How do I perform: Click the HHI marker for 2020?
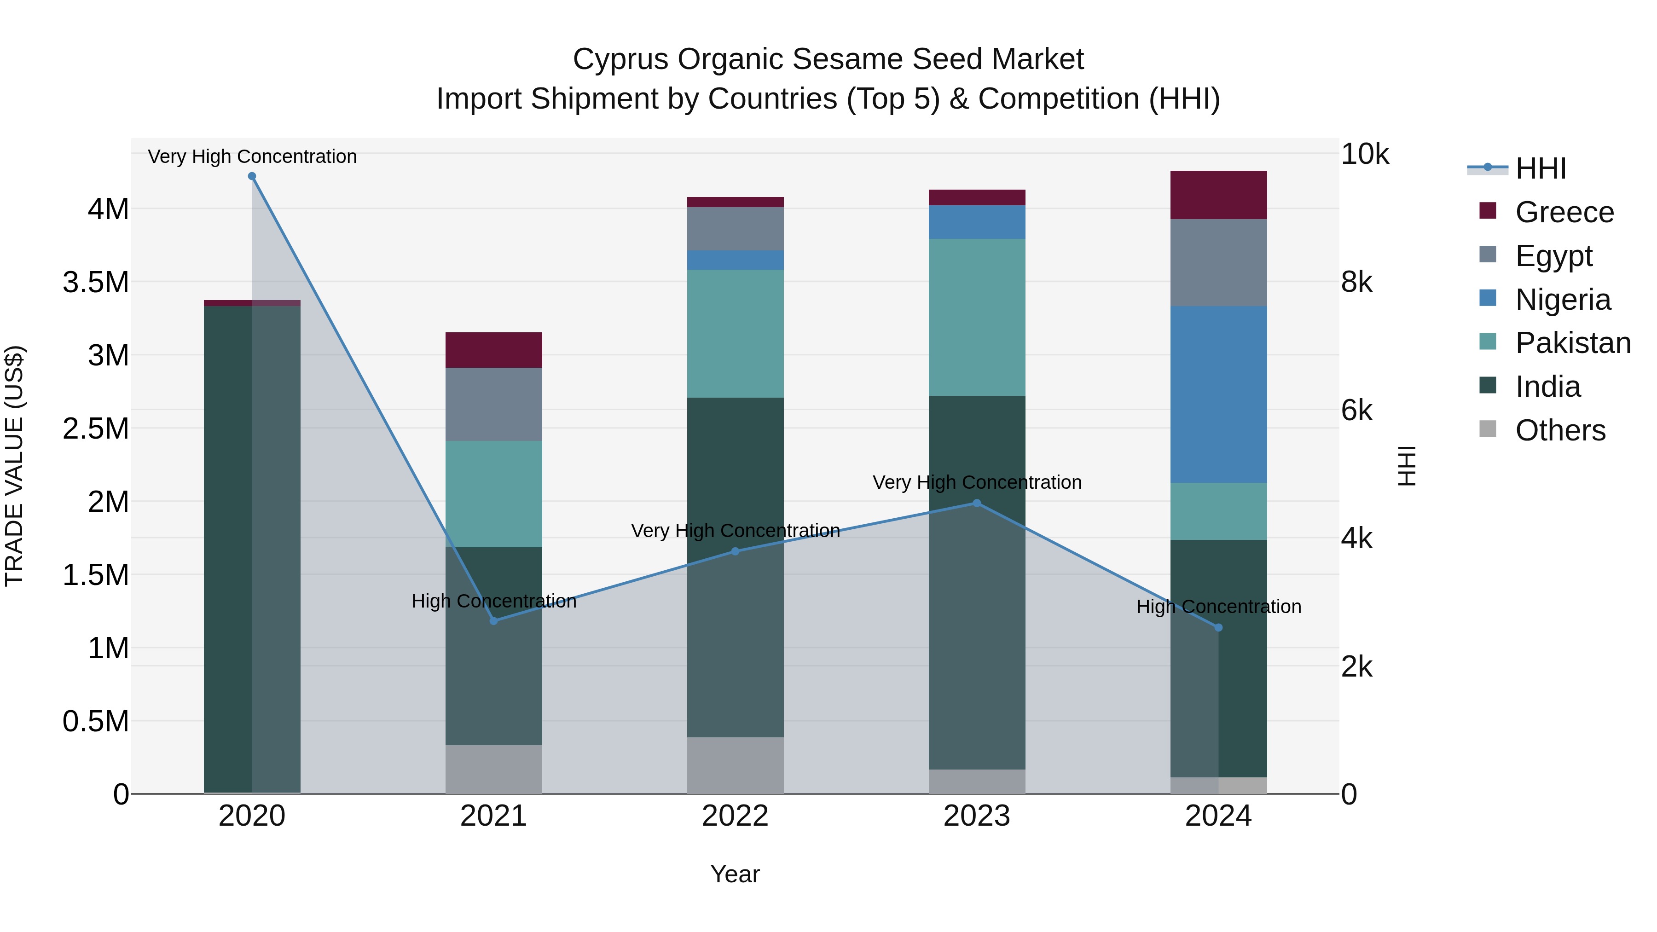[252, 176]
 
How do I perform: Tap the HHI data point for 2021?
[493, 621]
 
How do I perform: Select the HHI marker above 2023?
[976, 503]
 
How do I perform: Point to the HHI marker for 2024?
[1218, 627]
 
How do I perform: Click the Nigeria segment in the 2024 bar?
[1218, 394]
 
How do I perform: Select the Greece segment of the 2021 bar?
[493, 350]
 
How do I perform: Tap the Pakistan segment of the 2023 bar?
[976, 317]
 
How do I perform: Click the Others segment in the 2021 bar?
[493, 769]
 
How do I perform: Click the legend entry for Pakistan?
[1572, 343]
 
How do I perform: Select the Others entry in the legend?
[1559, 430]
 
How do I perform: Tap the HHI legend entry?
[1540, 168]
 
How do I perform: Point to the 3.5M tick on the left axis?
[96, 283]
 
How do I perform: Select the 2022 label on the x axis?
[735, 816]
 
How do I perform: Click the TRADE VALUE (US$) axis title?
[14, 466]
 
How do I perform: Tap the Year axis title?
[735, 874]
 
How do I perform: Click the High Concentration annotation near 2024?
[1218, 607]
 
